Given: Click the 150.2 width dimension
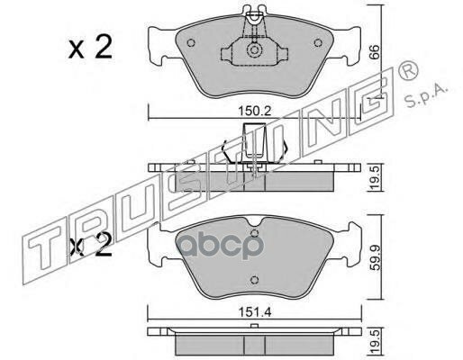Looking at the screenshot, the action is pos(255,112).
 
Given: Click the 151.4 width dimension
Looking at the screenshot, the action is pos(255,312).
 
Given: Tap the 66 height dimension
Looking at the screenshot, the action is pos(374,53).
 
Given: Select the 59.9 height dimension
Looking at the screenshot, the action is pos(374,258).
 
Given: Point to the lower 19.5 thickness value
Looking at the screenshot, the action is pos(374,342).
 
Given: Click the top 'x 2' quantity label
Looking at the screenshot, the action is pos(90,48).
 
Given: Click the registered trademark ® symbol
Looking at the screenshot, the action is pos(407,70).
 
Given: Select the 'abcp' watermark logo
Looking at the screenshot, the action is pos(219,245).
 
